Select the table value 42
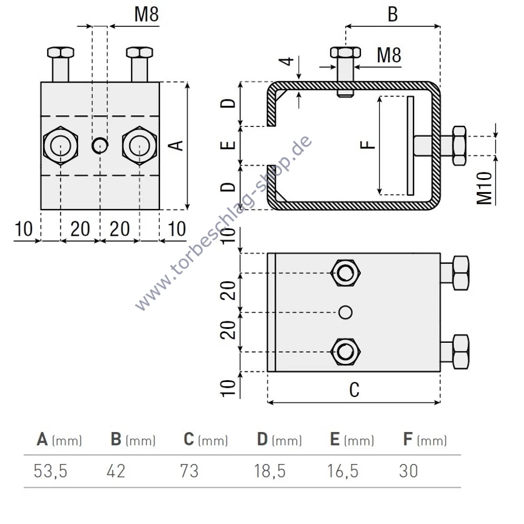(116, 470)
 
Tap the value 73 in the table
(190, 470)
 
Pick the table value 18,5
(270, 470)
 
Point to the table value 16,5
(343, 470)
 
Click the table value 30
(409, 470)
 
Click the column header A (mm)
(59, 440)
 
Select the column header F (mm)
(424, 440)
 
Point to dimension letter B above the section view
(392, 15)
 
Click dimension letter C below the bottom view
(354, 390)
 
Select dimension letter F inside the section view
(367, 144)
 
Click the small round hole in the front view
(100, 144)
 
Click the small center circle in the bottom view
(345, 312)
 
